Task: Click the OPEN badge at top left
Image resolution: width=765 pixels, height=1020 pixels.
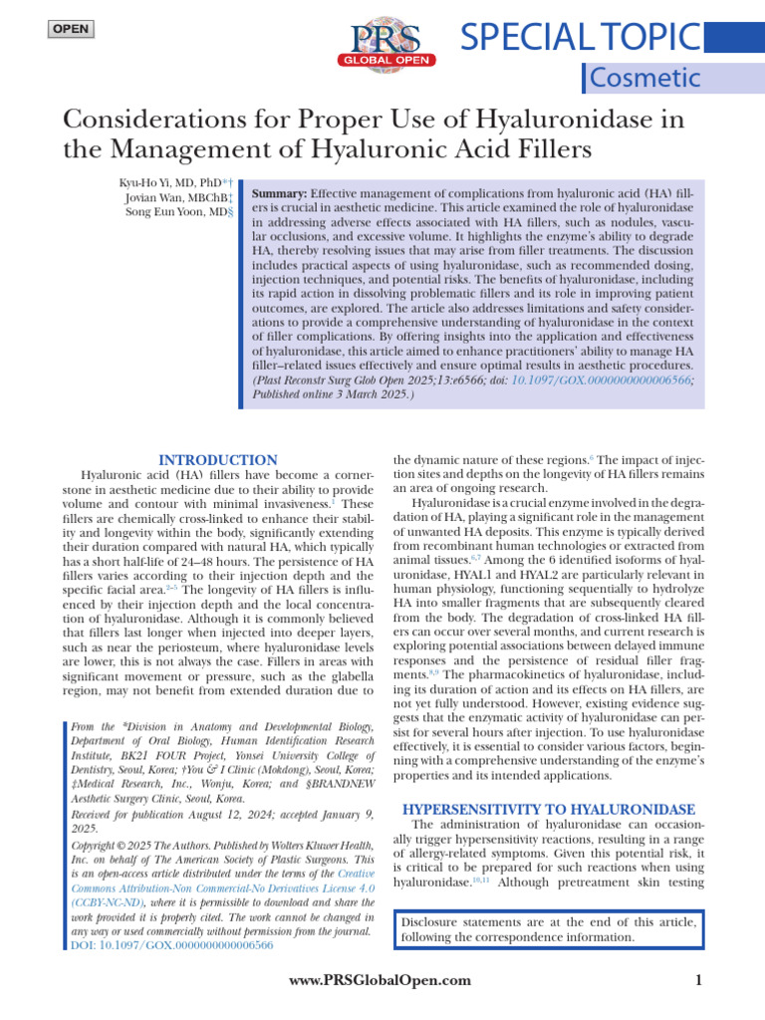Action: point(71,29)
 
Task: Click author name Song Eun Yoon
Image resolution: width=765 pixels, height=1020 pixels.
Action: point(173,213)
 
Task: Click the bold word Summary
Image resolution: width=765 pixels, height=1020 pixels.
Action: point(280,192)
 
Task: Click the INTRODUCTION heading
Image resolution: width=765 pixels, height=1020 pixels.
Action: point(219,460)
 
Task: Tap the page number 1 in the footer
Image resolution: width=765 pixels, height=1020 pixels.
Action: point(698,981)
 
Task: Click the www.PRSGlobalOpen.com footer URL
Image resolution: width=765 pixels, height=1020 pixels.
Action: point(379,981)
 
